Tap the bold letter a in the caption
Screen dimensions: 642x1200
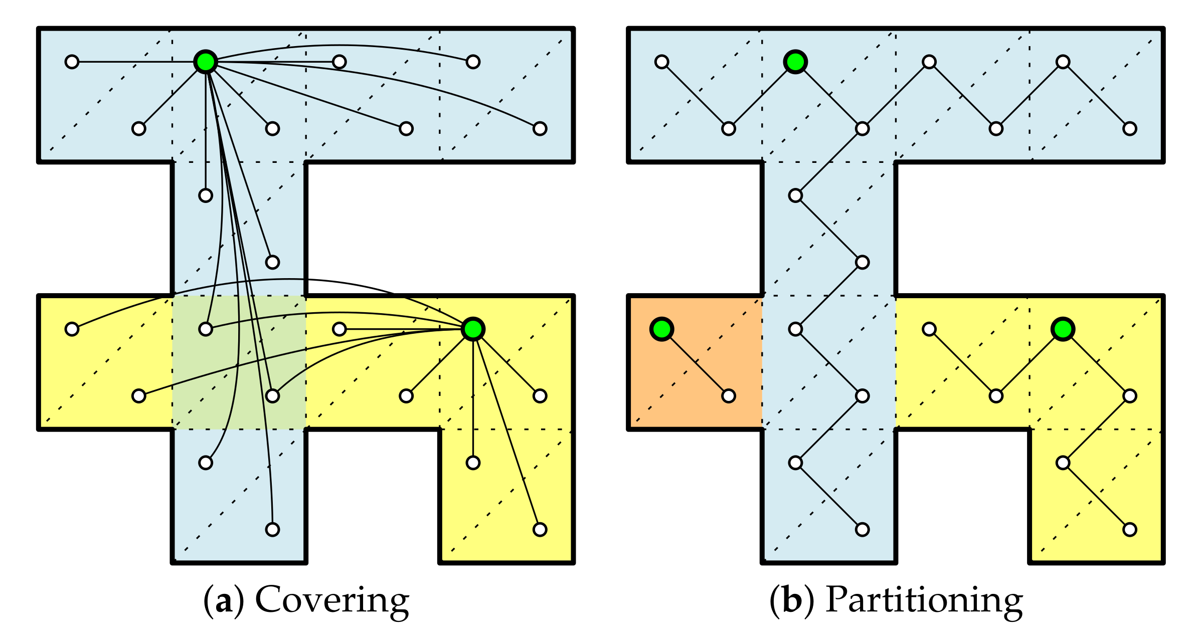pos(224,601)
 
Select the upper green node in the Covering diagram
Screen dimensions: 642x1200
pos(206,62)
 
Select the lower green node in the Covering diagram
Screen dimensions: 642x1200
pos(473,329)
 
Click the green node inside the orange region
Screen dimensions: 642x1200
pos(661,329)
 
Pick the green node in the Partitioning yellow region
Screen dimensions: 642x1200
pos(1063,329)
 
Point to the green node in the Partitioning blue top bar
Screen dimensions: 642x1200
pos(795,62)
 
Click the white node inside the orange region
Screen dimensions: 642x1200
pos(729,396)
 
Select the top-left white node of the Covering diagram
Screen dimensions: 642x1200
pos(72,62)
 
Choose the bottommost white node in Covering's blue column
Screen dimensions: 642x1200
pos(272,529)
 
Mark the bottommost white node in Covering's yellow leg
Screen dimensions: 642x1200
pos(540,529)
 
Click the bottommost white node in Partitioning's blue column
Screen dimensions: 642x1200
pos(862,529)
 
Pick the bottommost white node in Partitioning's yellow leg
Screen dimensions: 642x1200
pos(1130,529)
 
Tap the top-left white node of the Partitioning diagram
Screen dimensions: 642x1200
pos(662,62)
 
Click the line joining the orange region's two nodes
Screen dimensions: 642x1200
pos(695,362)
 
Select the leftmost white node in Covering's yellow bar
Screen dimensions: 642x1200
pos(72,329)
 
